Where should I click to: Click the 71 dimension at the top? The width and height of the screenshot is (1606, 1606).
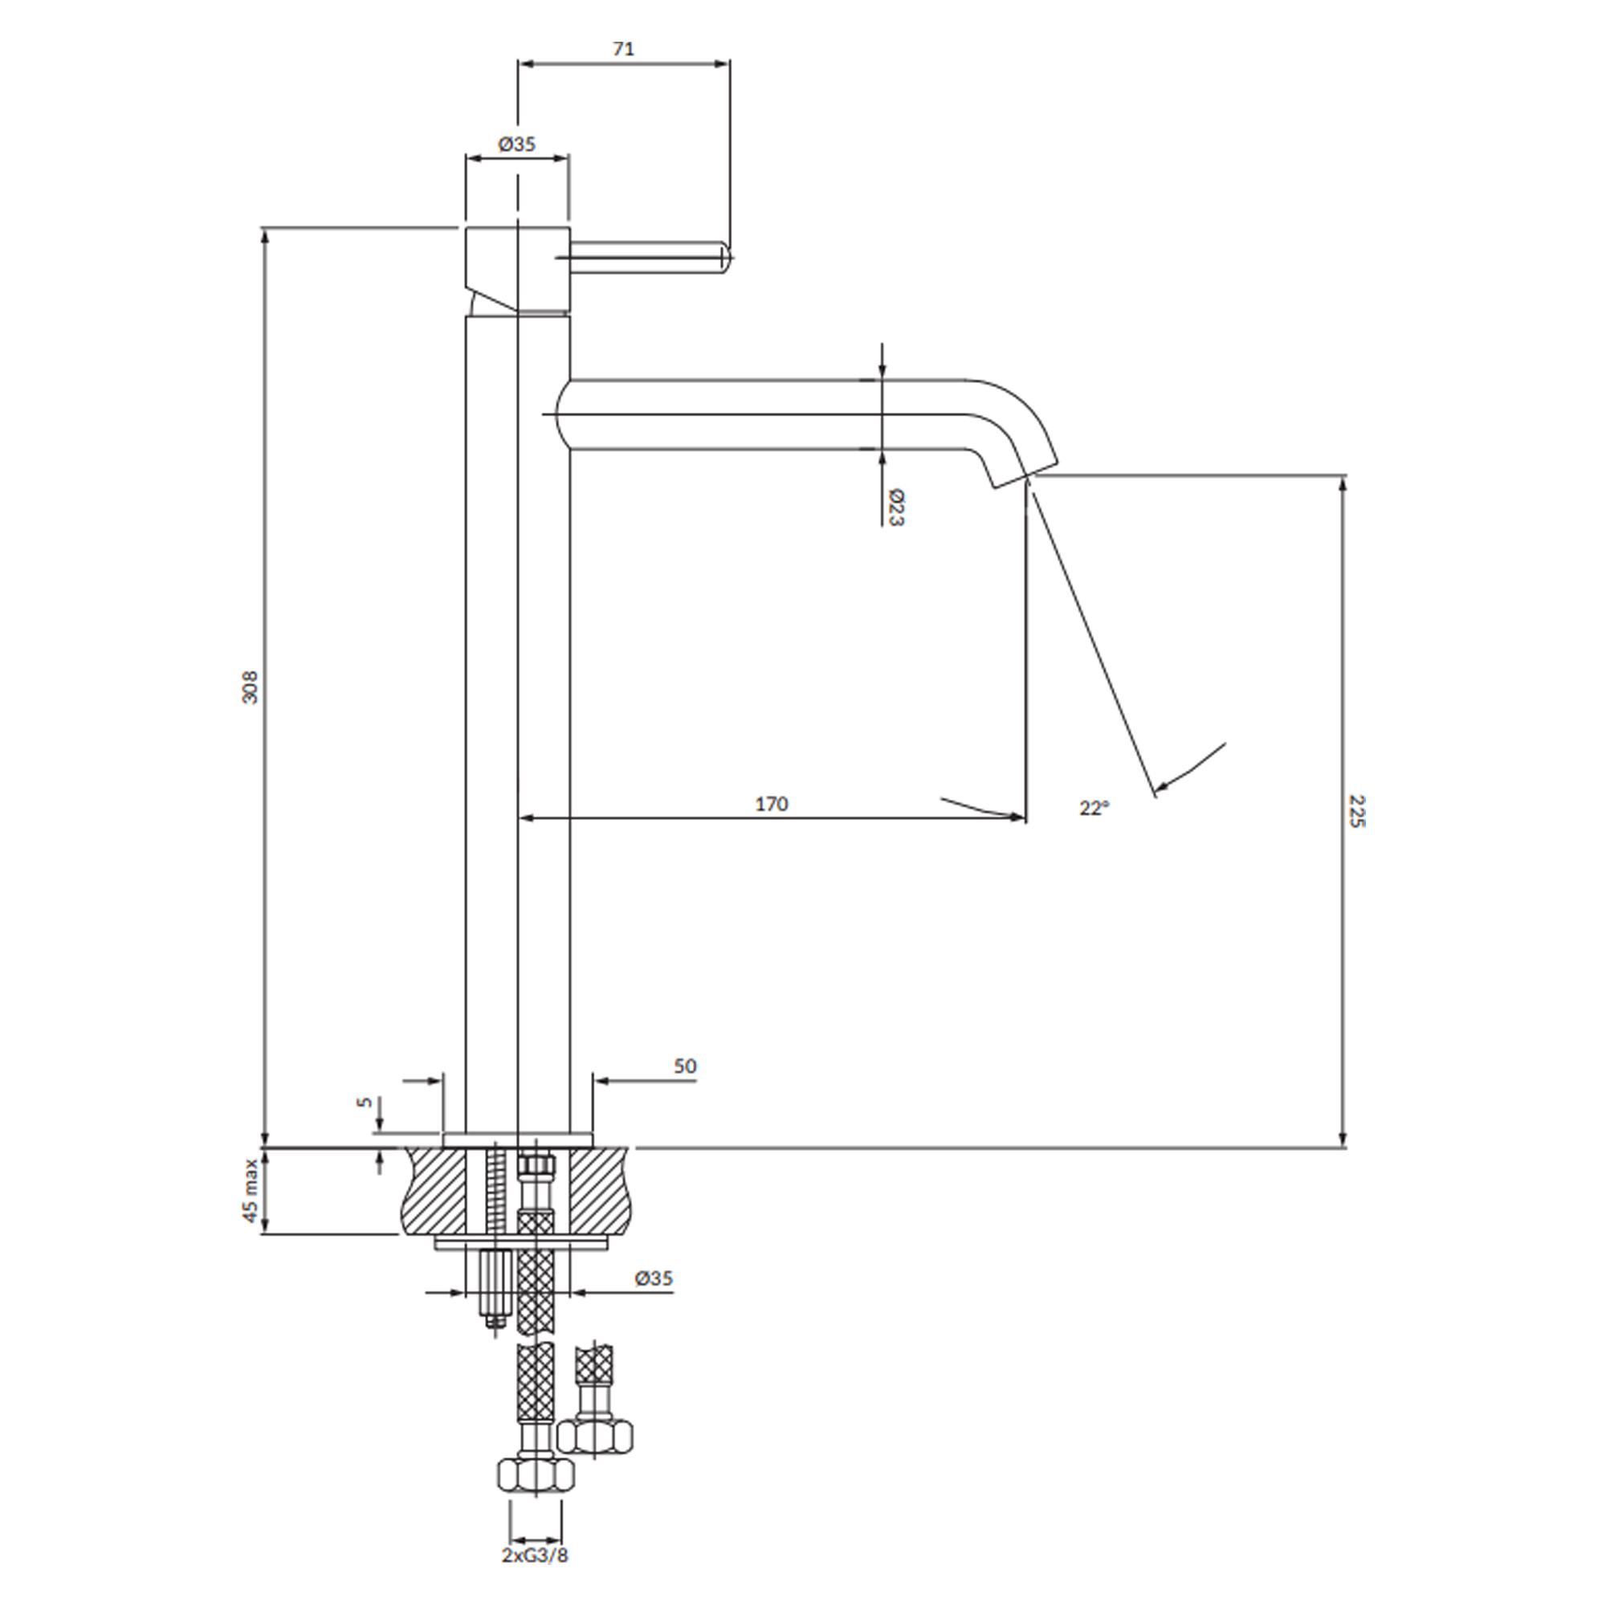pyautogui.click(x=623, y=49)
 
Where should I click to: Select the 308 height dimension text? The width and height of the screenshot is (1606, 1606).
pyautogui.click(x=251, y=687)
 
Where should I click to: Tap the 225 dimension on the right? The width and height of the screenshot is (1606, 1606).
pyautogui.click(x=1356, y=811)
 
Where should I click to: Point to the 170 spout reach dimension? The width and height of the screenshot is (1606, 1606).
pyautogui.click(x=772, y=804)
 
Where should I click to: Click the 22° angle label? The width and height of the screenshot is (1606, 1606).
pyautogui.click(x=1094, y=807)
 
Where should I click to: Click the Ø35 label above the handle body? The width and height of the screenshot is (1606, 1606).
pyautogui.click(x=517, y=144)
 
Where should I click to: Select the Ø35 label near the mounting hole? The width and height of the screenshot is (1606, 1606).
pyautogui.click(x=654, y=1278)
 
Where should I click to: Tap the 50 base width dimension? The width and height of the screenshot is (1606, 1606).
pyautogui.click(x=685, y=1066)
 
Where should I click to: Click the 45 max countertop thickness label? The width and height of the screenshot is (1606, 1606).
pyautogui.click(x=251, y=1191)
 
